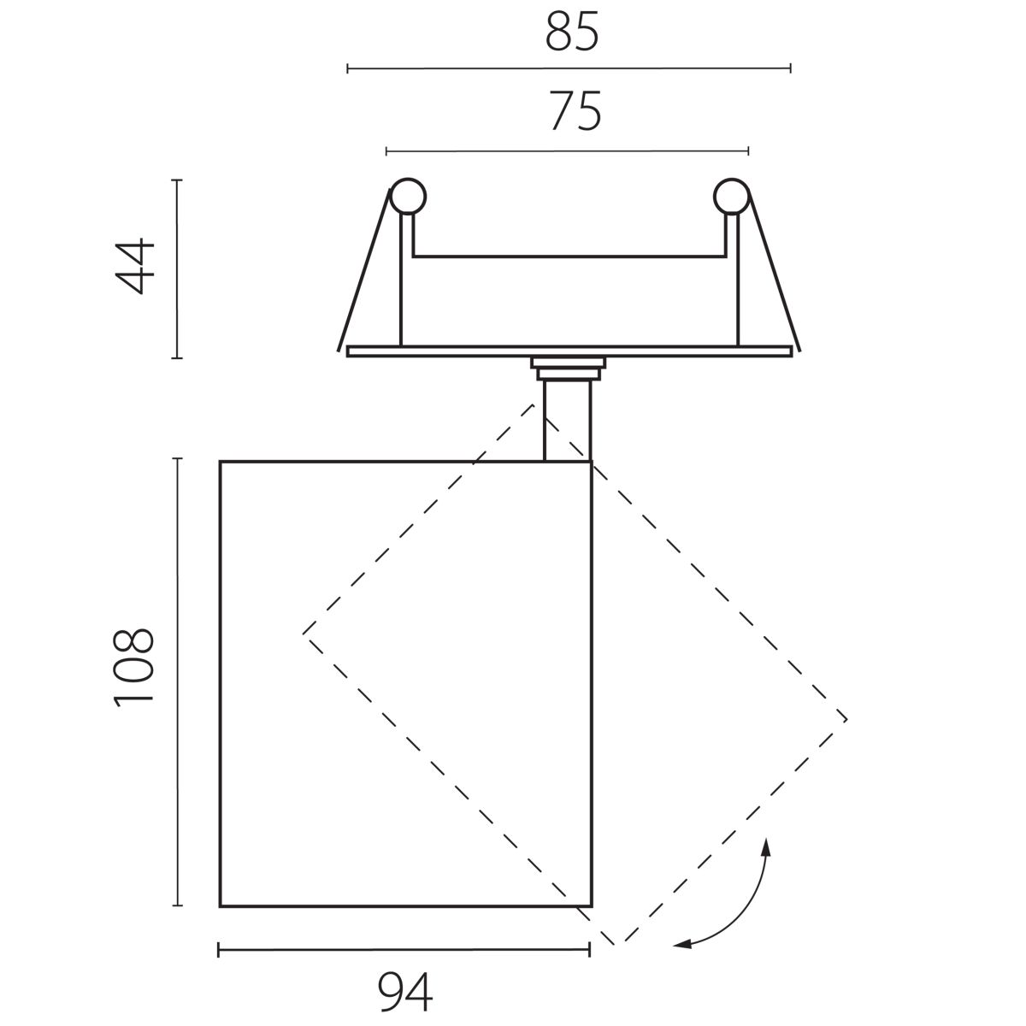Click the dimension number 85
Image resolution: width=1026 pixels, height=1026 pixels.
click(572, 32)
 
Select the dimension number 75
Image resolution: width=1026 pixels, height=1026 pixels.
click(575, 111)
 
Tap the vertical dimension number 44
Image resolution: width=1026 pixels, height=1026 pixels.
click(135, 266)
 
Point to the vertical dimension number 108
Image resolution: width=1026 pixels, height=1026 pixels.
click(134, 668)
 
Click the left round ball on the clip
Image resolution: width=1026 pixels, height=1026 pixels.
click(408, 197)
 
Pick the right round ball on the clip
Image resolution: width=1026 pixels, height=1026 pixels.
click(732, 197)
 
